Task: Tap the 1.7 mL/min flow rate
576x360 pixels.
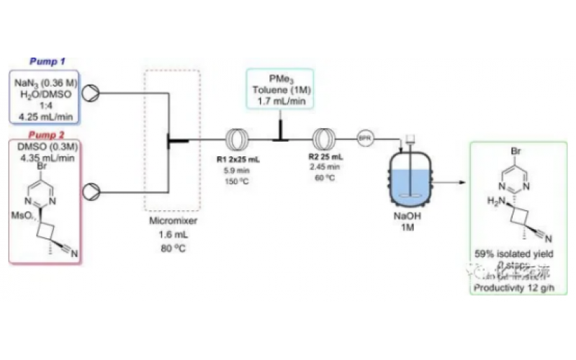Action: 280,102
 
